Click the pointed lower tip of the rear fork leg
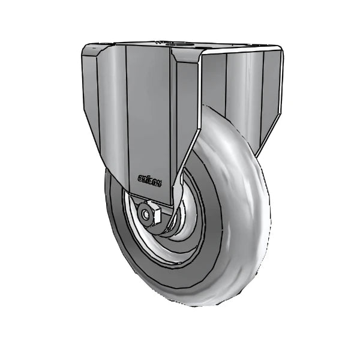(x=260, y=150)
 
